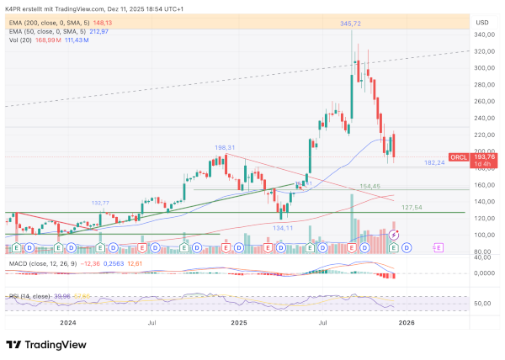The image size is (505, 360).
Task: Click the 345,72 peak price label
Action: click(351, 24)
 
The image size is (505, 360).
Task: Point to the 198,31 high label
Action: click(226, 146)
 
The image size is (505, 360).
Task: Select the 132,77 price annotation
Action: click(100, 203)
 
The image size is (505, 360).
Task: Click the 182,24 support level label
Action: click(434, 162)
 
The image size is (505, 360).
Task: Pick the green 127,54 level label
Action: click(411, 207)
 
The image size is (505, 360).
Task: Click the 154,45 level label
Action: click(370, 186)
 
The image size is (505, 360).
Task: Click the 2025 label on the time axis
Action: click(239, 322)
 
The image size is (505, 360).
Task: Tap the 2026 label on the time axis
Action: click(407, 322)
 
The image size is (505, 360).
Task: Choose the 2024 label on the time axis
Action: click(67, 322)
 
